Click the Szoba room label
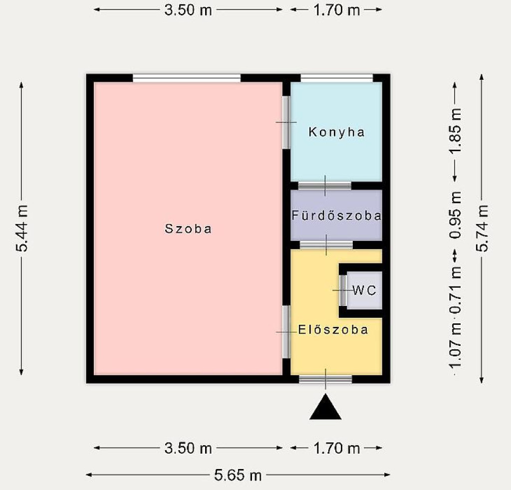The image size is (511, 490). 188,229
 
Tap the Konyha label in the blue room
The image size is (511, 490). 337,132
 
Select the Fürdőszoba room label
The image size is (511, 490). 336,216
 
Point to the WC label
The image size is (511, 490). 364,290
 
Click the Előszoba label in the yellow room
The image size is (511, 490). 333,330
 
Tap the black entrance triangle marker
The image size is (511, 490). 325,407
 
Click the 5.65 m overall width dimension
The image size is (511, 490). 238,475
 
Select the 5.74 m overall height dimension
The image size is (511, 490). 482,228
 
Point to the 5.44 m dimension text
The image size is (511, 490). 22,228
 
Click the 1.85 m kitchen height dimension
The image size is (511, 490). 455,131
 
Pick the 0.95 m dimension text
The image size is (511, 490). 455,215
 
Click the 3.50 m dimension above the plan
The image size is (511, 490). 188,10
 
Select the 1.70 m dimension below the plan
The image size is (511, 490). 337,448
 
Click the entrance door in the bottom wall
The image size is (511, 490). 325,379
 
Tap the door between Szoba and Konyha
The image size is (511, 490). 286,122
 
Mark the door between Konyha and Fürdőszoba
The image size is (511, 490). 325,186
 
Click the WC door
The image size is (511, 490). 343,290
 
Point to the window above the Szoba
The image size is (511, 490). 187,78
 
